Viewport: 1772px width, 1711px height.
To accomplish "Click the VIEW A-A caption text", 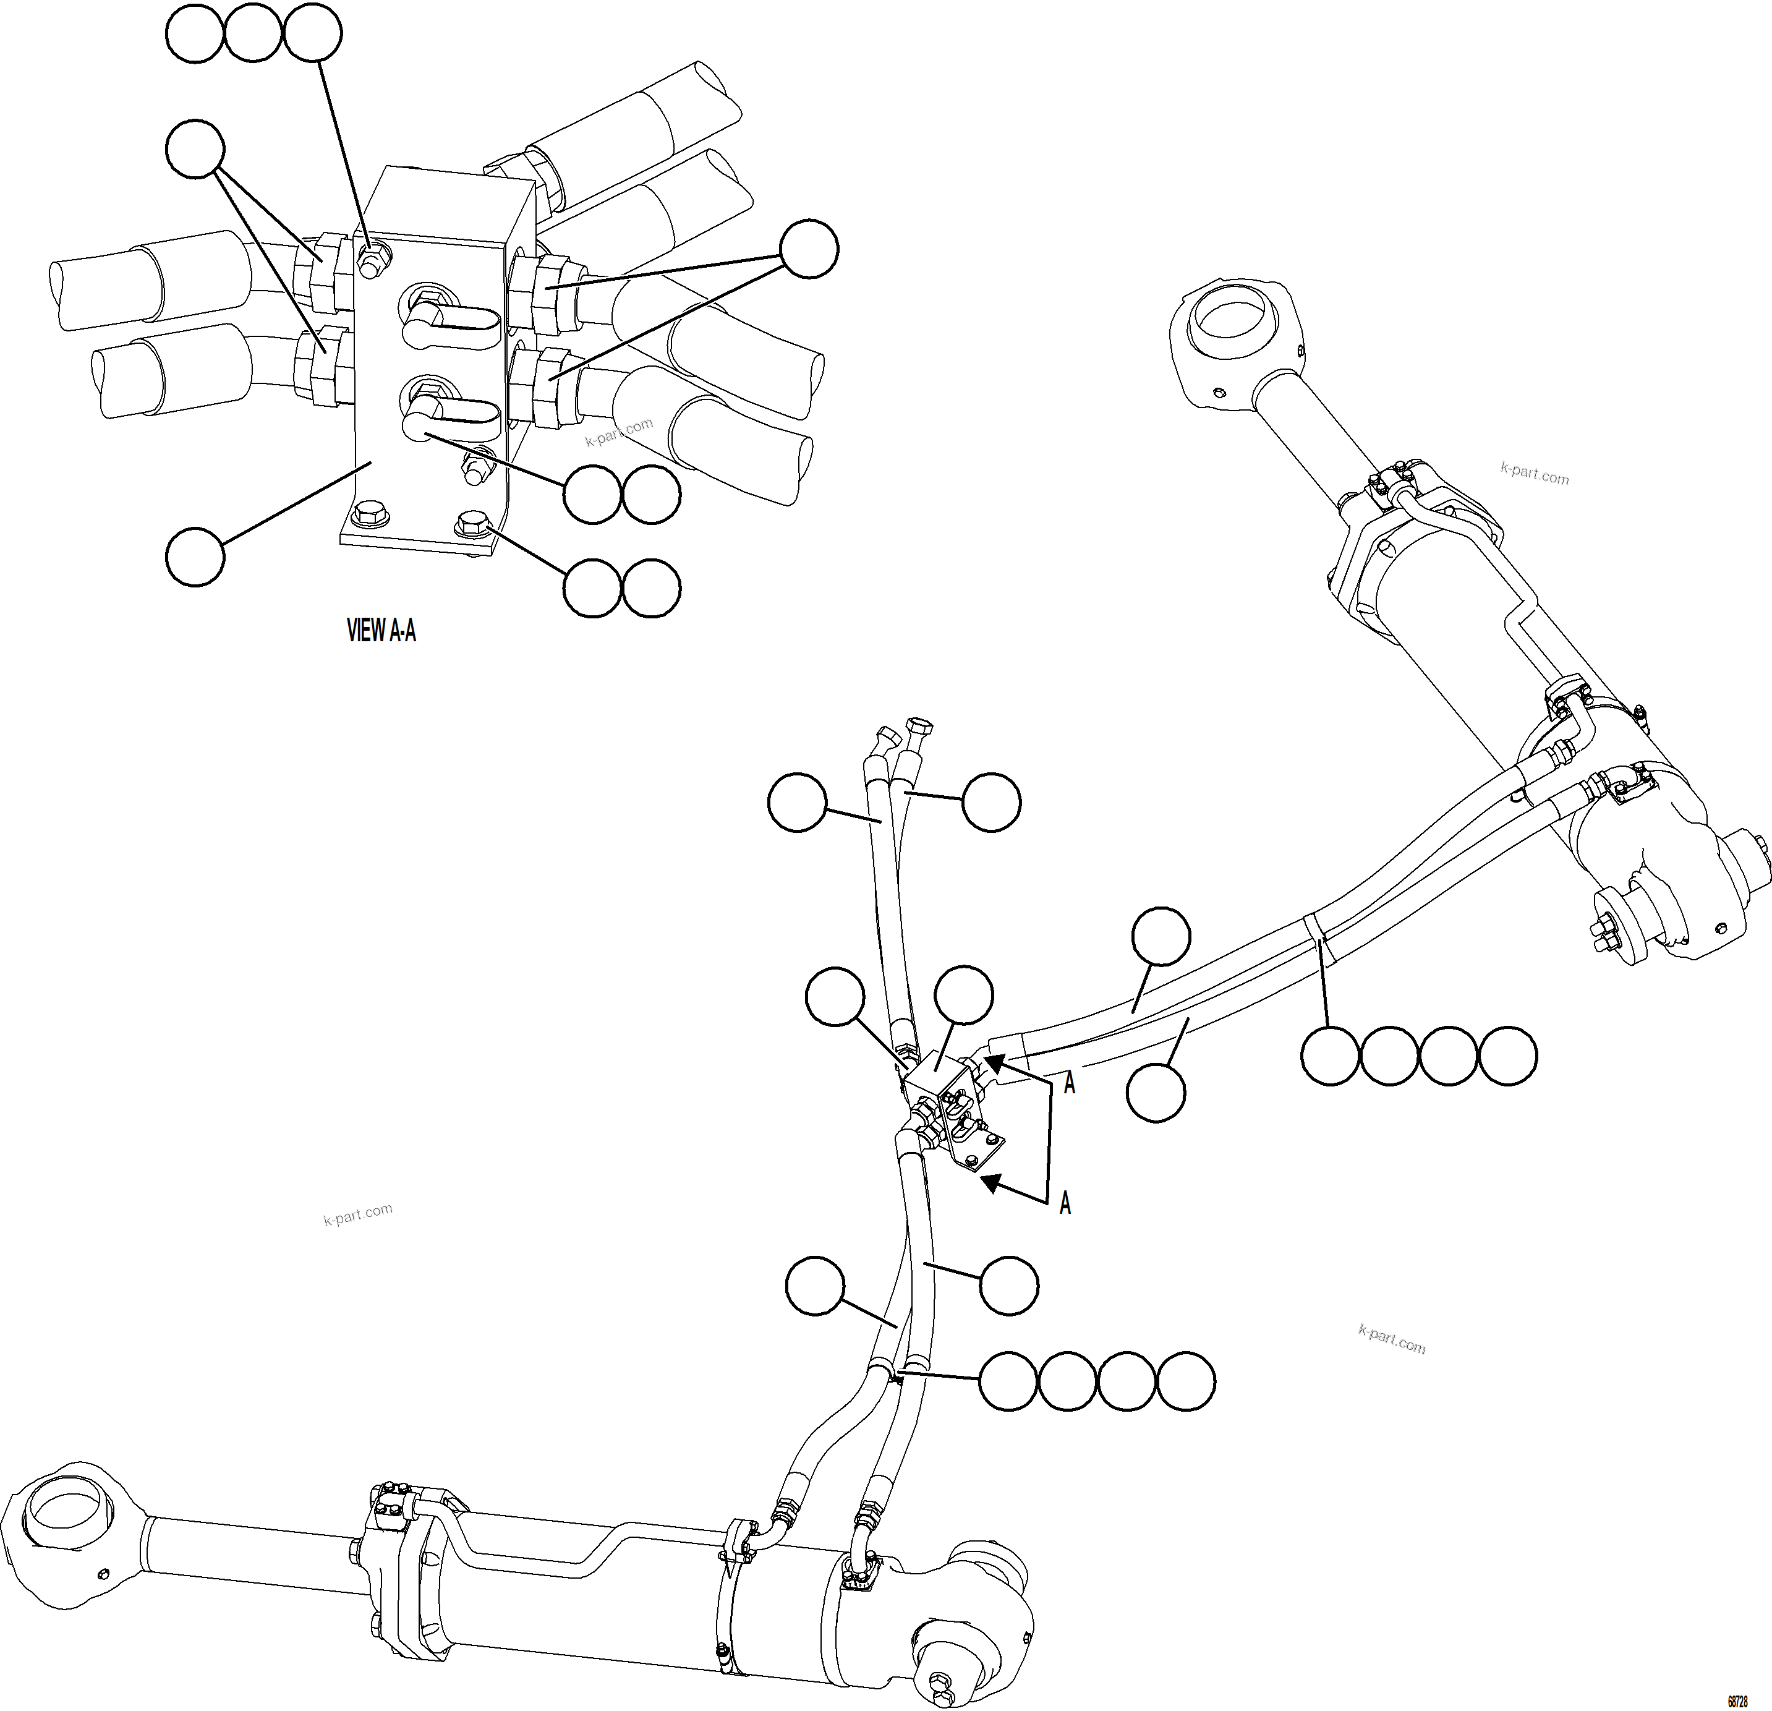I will [381, 630].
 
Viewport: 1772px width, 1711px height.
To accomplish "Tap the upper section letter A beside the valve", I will [1070, 1083].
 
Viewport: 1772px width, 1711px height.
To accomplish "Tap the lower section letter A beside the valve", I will [1065, 1203].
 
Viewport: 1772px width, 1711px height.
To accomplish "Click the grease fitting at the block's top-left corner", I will [369, 260].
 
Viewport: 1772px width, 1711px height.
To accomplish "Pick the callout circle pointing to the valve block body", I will [195, 557].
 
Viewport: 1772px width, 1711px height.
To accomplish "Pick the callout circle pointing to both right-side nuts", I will [809, 249].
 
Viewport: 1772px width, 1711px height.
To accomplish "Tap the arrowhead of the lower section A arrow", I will [993, 1181].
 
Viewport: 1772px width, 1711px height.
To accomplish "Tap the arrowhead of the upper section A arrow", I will [994, 1064].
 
